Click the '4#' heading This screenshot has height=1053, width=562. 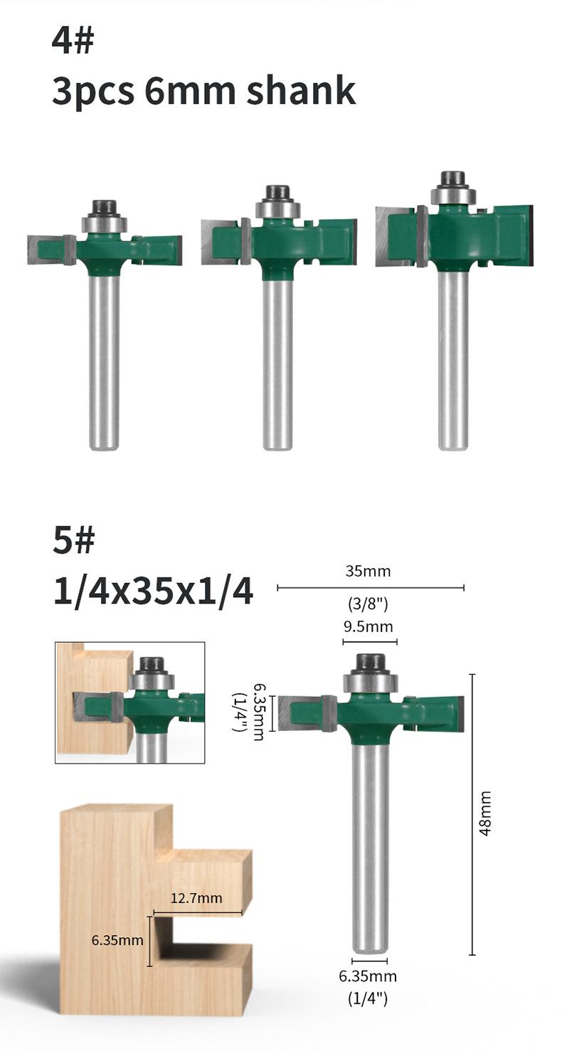(73, 41)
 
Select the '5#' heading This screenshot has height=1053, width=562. (73, 540)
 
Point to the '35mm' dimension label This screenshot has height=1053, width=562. (368, 571)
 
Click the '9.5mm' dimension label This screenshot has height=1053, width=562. (368, 626)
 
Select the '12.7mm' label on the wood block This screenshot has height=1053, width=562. (196, 898)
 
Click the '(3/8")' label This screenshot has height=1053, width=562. (368, 604)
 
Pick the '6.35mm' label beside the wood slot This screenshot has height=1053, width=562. (117, 940)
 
